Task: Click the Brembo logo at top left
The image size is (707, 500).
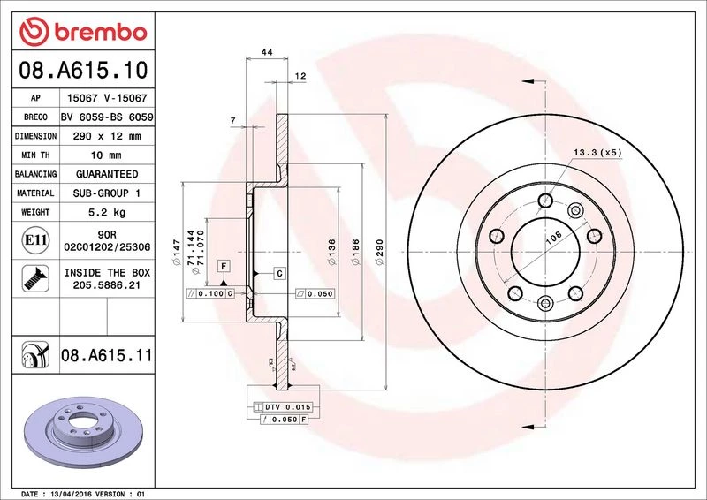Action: click(x=83, y=32)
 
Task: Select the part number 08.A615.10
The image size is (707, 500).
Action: click(x=83, y=70)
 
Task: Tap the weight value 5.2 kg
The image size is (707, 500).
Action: click(x=107, y=212)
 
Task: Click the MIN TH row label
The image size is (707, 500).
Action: click(x=35, y=155)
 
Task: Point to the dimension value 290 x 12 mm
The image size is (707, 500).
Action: click(x=107, y=136)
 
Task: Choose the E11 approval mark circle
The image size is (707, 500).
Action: click(x=35, y=240)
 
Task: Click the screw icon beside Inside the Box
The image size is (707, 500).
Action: click(x=35, y=278)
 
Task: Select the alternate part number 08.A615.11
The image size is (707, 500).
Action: click(x=107, y=355)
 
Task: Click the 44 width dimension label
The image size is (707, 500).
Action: click(x=267, y=52)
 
